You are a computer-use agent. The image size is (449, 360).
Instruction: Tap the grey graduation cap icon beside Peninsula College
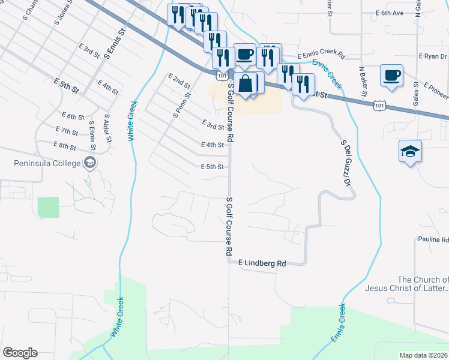point(90,163)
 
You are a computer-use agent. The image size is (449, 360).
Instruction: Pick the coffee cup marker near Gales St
point(391,76)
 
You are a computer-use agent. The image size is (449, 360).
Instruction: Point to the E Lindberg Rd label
point(262,263)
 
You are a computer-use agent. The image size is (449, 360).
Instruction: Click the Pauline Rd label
point(433,239)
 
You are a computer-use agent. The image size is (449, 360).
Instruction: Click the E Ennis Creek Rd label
point(319,55)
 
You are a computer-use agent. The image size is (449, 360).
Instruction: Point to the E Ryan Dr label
point(433,56)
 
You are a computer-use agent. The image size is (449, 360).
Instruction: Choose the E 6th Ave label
point(390,13)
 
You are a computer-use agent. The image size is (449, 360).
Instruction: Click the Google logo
point(20,353)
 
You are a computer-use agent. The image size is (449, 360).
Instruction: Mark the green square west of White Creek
point(48,208)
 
